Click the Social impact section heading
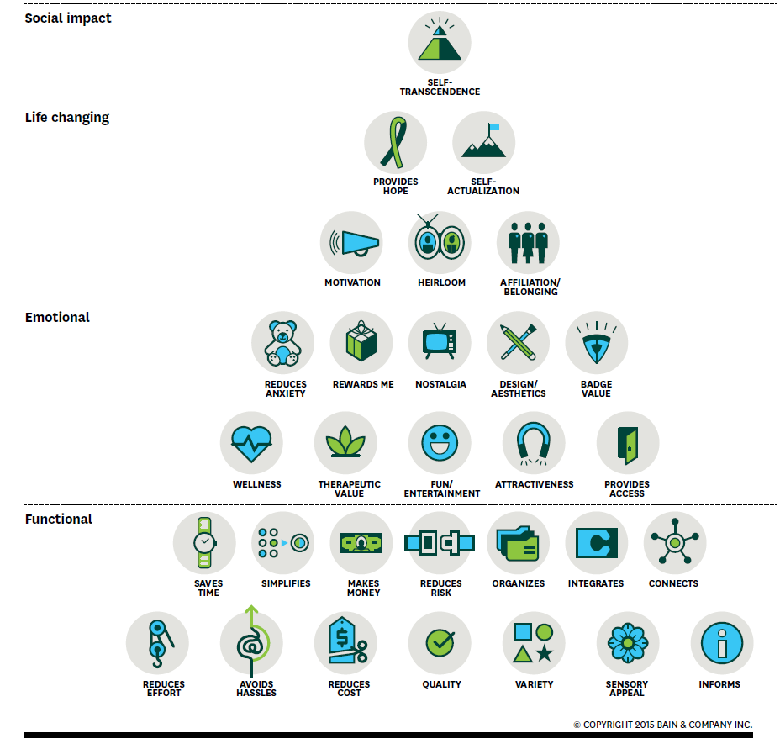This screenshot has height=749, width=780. (x=68, y=18)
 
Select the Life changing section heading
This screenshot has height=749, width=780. (x=67, y=117)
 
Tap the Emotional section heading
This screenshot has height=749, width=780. (x=57, y=317)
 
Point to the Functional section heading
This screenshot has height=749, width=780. (x=59, y=519)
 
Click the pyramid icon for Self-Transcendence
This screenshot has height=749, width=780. (x=440, y=43)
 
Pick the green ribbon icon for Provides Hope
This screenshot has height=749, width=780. (x=395, y=142)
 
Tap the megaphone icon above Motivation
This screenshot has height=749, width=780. (x=352, y=243)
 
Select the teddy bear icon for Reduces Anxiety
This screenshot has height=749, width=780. (x=282, y=344)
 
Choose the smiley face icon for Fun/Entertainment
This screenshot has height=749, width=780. (x=440, y=443)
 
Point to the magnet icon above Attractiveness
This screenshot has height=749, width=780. (x=534, y=443)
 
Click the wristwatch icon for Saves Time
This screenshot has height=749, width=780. (x=204, y=543)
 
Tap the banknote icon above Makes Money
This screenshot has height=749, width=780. (x=361, y=543)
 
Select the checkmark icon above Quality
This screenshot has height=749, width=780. (x=440, y=643)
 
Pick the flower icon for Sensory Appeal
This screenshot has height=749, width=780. (x=627, y=643)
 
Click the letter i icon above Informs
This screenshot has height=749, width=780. (x=721, y=643)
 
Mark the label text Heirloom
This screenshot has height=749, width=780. (x=441, y=282)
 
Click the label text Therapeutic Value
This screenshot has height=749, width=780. (x=349, y=488)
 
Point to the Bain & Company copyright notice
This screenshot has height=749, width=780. (x=662, y=724)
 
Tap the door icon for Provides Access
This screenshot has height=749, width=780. (x=628, y=443)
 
